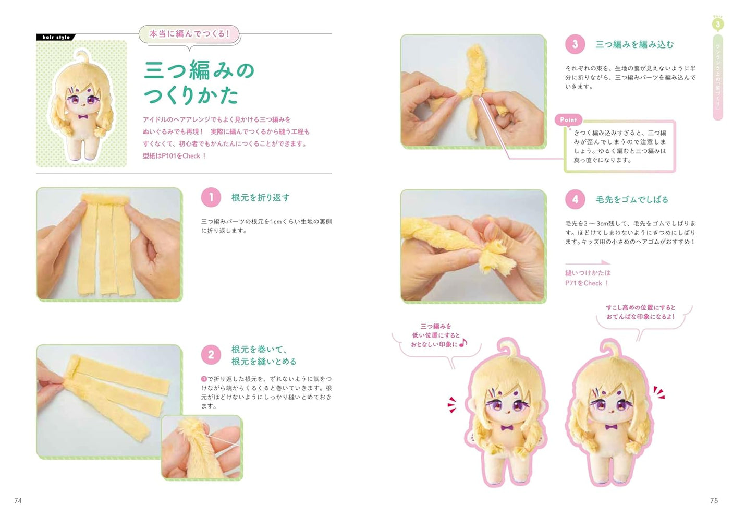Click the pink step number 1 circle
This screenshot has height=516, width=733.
pos(211,197)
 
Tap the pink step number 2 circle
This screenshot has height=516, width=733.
pos(211,355)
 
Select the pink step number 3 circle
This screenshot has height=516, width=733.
pos(575,44)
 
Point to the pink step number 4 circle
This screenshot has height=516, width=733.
pos(575,199)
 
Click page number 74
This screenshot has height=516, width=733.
pos(18,501)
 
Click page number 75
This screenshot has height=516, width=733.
pos(714,501)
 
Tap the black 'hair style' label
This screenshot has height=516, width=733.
pos(56,37)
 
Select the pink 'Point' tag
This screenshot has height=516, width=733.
pos(568,120)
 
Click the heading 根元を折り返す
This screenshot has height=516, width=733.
pos(260,197)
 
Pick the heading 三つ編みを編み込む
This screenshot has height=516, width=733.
pos(634,44)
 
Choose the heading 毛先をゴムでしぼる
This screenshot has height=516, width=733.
pos(632,199)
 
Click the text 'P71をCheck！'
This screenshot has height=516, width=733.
pos(587,283)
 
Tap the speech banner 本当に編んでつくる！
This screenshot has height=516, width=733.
pos(189,34)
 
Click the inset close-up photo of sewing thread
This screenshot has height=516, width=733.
pos(202,447)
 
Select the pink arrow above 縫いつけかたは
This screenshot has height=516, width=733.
pos(588,263)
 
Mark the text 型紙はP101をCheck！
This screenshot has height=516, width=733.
pos(175,156)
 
